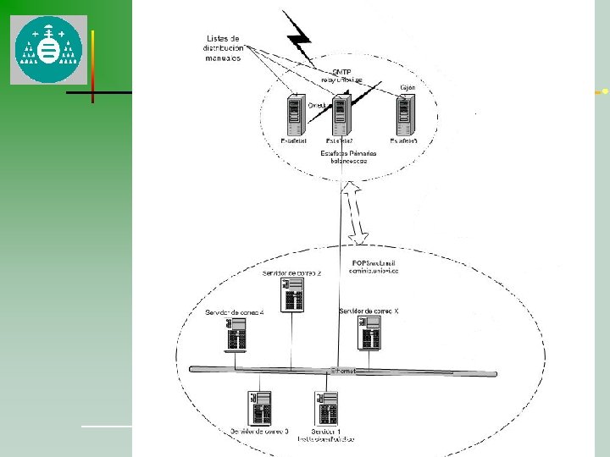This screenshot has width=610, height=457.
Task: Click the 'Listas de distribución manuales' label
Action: [x=223, y=48]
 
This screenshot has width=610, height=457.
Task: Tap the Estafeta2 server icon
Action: [x=341, y=116]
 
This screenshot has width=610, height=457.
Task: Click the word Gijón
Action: [x=407, y=88]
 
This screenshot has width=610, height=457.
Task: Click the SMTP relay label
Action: [x=341, y=75]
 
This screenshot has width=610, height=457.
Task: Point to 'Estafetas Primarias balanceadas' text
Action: [x=344, y=157]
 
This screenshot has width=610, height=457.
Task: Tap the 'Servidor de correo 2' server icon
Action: [x=293, y=296]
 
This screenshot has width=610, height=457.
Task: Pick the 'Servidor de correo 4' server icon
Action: [x=236, y=336]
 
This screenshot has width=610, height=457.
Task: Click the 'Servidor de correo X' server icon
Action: [x=370, y=335]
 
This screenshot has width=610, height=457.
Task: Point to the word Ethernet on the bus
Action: [x=343, y=371]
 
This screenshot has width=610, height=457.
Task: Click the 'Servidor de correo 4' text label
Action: [x=235, y=313]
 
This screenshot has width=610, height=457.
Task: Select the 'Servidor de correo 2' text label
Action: [x=291, y=273]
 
